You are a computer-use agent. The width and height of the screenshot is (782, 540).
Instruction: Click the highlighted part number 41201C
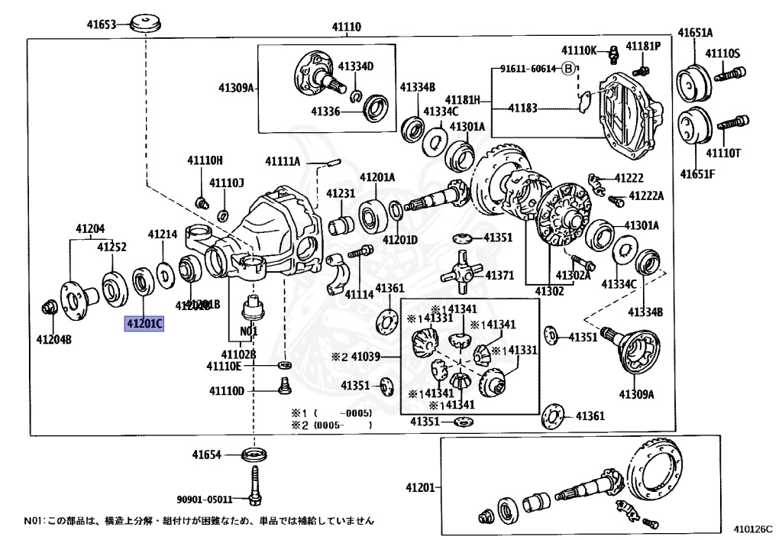tap(144, 324)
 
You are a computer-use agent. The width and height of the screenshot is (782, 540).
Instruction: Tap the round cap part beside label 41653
tap(145, 24)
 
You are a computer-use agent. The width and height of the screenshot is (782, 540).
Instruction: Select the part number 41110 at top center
tap(346, 27)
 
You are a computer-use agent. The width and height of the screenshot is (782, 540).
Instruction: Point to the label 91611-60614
tap(528, 69)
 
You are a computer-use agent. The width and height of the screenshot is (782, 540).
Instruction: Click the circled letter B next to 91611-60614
tap(567, 69)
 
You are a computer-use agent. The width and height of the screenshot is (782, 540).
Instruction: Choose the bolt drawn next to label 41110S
tap(732, 74)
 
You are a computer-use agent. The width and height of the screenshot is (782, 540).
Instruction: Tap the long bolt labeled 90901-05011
tap(253, 486)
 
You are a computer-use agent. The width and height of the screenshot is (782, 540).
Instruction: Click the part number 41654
tap(206, 455)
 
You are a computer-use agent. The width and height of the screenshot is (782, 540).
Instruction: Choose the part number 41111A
tap(283, 161)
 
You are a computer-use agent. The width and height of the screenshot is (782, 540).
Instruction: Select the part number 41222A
tap(646, 196)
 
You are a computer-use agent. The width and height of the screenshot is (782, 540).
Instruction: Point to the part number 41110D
tap(227, 392)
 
